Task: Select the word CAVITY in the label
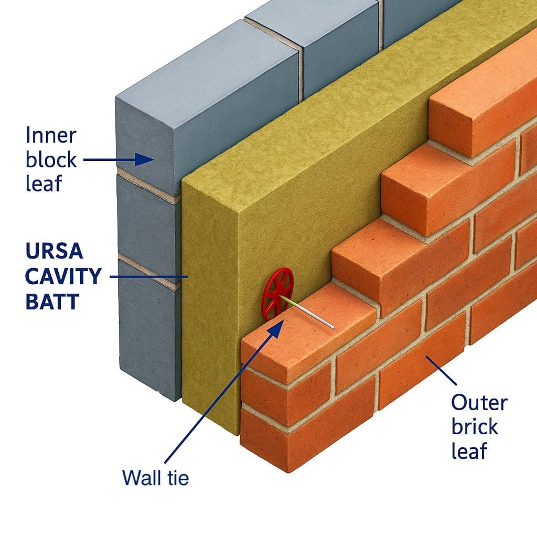tap(63, 276)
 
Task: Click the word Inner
tap(51, 135)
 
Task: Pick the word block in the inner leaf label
tap(51, 159)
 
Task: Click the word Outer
tap(479, 403)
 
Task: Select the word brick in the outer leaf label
tap(474, 427)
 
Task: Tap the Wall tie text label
tap(155, 478)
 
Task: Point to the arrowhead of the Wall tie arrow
tap(277, 325)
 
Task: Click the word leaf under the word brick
tap(470, 451)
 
